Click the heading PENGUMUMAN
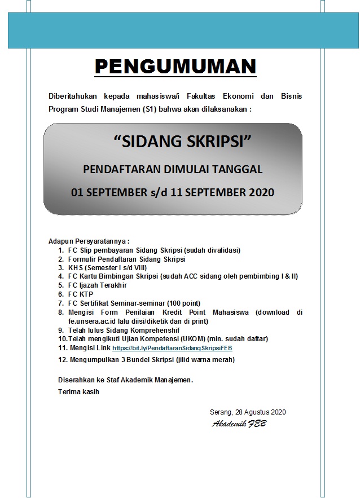[x=175, y=67]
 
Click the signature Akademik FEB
[x=239, y=424]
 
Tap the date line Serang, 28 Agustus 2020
[x=247, y=412]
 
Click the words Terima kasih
[x=78, y=392]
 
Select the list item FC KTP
[x=80, y=294]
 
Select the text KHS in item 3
[x=75, y=268]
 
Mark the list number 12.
[x=63, y=359]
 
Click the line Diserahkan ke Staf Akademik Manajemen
[x=125, y=380]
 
